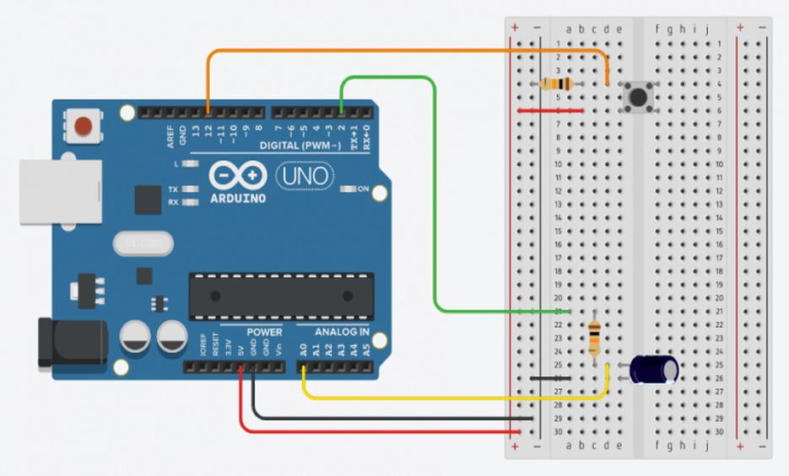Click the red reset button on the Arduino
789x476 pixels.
83,126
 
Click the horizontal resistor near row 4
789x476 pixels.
557,83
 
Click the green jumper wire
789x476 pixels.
435,211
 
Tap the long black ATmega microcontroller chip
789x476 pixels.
281,296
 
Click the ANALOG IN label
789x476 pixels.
342,332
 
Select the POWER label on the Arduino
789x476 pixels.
264,332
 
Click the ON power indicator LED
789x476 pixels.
347,190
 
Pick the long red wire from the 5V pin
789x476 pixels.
380,432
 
